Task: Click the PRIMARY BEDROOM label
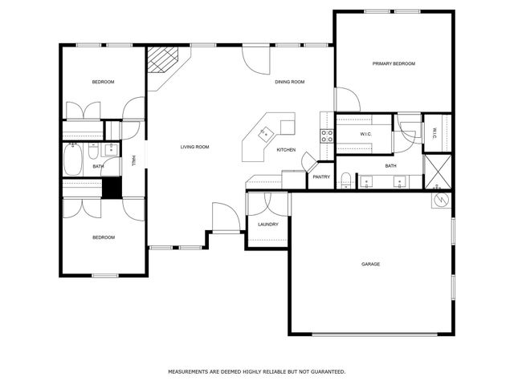pos(393,63)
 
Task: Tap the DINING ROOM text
pos(290,82)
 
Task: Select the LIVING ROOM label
pos(194,147)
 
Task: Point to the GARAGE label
pos(370,264)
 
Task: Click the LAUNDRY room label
pos(267,225)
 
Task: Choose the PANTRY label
pos(321,176)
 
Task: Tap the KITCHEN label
pos(286,150)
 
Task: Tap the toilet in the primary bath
pos(345,179)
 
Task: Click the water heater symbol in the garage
pos(440,201)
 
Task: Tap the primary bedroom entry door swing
pos(347,100)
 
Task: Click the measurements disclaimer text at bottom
pos(256,371)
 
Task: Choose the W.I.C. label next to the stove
pos(365,134)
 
